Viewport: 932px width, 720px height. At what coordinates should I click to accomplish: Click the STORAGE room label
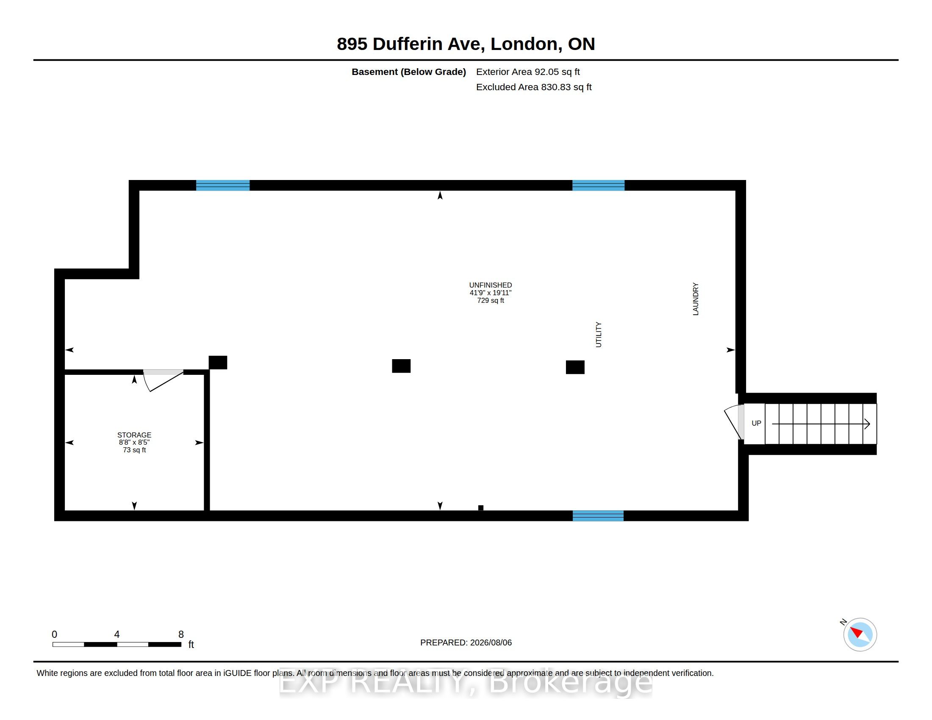point(134,435)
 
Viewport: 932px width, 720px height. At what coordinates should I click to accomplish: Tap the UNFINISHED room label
point(490,285)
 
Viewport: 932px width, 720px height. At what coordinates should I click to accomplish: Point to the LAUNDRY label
point(696,299)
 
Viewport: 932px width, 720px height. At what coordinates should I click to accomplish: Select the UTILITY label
point(598,335)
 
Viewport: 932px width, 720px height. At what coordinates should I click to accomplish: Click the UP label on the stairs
point(756,423)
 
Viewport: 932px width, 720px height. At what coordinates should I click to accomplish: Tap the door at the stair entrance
point(735,422)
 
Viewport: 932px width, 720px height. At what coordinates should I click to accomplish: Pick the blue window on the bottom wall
point(598,516)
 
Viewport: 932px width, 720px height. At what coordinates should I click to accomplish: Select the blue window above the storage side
point(223,185)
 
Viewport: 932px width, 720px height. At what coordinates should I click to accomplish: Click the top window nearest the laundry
point(598,185)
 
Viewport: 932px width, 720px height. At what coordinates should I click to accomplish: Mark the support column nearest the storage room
point(218,363)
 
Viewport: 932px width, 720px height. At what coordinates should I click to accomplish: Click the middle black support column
point(401,366)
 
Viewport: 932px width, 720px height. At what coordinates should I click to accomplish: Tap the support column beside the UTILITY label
point(575,367)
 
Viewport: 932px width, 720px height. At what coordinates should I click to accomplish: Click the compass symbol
point(860,634)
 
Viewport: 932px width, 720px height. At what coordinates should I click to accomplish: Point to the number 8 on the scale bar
point(181,634)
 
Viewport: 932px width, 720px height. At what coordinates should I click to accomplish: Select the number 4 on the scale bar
point(117,634)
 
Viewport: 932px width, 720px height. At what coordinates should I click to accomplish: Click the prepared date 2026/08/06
point(490,642)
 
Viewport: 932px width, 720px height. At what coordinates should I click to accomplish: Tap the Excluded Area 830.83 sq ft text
point(534,87)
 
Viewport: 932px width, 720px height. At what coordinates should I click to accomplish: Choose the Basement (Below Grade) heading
point(409,72)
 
